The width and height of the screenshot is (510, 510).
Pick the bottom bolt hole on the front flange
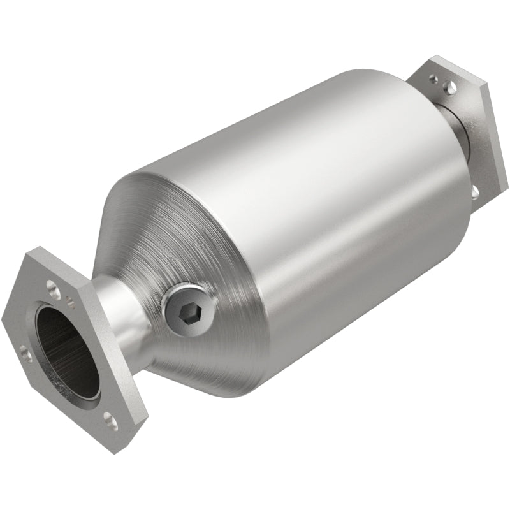click(110, 420)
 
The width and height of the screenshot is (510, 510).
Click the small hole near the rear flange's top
click(433, 80)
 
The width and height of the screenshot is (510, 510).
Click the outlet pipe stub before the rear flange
click(453, 127)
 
